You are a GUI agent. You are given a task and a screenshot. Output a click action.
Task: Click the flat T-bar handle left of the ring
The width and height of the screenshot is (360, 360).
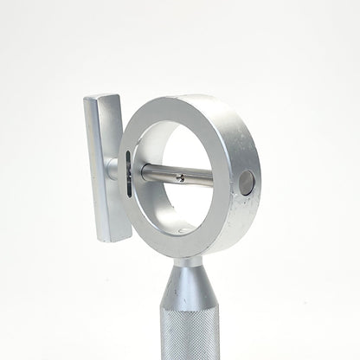tap(105, 164)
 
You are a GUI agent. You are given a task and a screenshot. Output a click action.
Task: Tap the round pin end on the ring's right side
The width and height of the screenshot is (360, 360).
tap(247, 182)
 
